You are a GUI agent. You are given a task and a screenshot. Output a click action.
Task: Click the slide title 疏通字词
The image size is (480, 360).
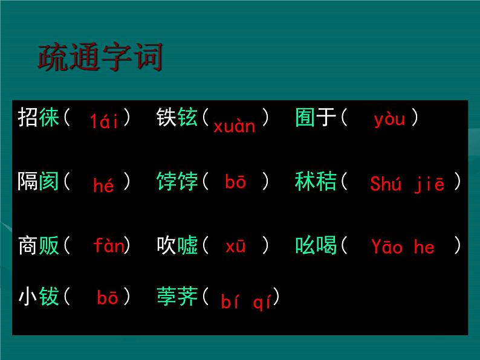tap(100, 57)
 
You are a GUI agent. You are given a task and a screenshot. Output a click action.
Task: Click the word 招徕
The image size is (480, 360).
tap(39, 117)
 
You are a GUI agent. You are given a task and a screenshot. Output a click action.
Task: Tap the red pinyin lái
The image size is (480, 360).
tap(105, 121)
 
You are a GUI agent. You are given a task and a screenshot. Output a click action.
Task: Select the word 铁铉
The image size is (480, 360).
tap(177, 117)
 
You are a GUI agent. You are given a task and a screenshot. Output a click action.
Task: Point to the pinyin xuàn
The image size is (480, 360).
tap(234, 126)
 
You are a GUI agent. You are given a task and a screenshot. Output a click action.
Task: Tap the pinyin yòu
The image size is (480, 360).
tap(389, 119)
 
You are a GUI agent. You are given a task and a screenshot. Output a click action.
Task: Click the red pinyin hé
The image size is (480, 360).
tap(103, 185)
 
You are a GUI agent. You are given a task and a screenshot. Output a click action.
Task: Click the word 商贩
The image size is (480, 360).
tap(39, 245)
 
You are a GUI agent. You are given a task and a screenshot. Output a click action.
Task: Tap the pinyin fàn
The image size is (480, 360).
tap(108, 246)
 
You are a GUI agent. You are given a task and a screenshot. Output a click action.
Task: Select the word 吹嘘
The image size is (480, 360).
tap(177, 245)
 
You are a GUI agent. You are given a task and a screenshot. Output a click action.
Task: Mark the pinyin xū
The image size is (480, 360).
tap(235, 246)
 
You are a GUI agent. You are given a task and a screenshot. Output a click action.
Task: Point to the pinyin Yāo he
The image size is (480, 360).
tap(403, 246)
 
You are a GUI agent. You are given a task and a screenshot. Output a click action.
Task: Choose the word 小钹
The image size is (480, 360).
tap(39, 297)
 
